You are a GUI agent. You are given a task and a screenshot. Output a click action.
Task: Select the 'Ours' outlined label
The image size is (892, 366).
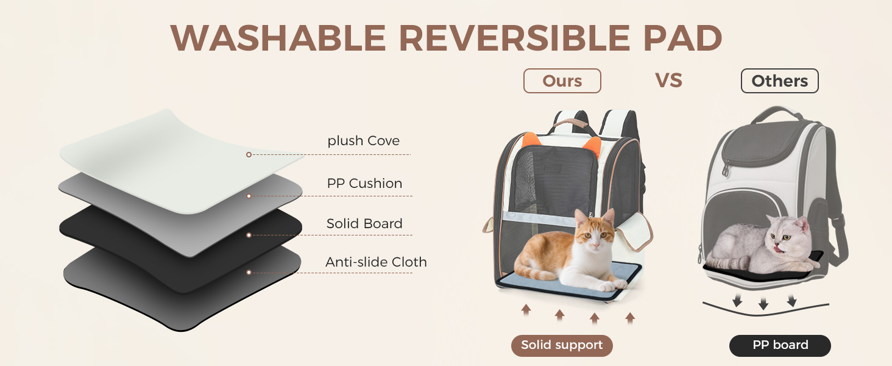click(562, 81)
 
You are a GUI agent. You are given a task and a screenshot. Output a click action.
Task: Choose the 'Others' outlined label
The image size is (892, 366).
click(779, 81)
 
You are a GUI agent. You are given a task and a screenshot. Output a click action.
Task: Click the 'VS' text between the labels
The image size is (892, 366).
click(668, 81)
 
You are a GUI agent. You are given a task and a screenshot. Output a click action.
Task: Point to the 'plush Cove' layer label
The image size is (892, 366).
click(363, 141)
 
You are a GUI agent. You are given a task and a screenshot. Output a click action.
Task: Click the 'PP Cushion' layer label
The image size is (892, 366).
click(364, 184)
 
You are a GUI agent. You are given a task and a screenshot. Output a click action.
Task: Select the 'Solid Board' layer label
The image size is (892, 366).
click(364, 224)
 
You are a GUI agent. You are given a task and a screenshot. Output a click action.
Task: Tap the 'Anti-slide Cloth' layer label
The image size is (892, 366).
click(376, 262)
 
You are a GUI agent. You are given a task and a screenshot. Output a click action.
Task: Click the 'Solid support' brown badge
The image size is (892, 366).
click(561, 345)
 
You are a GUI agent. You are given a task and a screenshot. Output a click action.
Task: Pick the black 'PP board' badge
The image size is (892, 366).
click(780, 345)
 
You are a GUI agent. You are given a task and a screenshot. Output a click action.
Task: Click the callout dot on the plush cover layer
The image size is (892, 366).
click(249, 155)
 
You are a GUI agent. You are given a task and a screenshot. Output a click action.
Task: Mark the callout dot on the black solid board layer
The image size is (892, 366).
click(249, 235)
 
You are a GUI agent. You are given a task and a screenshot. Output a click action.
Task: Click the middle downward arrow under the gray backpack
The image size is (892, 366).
click(763, 303)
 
